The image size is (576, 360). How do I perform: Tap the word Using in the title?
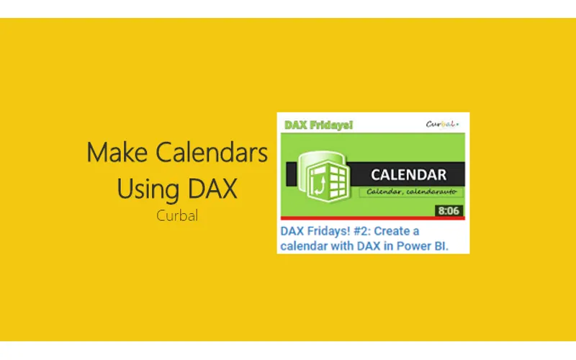[142, 189]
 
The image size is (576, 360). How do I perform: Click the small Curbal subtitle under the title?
[176, 215]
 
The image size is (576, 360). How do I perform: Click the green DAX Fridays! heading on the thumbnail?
[319, 125]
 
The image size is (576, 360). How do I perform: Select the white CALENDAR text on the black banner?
[408, 174]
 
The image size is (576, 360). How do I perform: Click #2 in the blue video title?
[355, 232]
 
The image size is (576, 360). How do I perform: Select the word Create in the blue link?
[390, 232]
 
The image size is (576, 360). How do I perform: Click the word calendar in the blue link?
[304, 246]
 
